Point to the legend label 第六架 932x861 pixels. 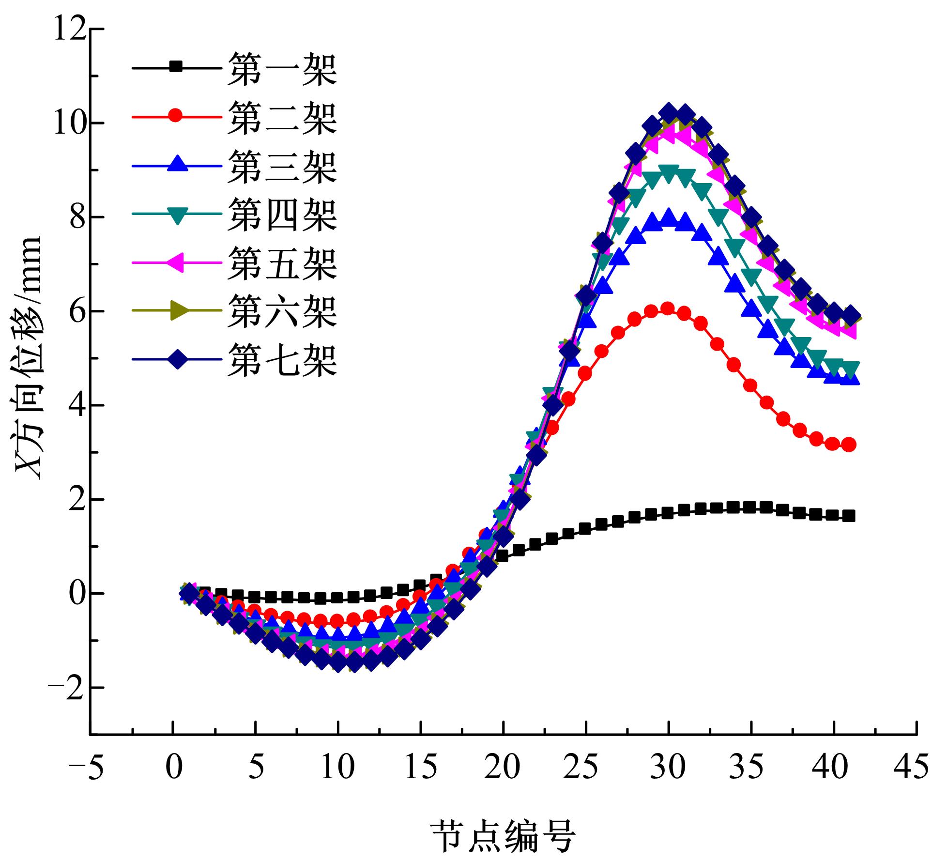[282, 311]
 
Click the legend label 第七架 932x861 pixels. [282, 360]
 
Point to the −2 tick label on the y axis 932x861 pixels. [70, 688]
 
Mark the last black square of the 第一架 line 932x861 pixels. [849, 516]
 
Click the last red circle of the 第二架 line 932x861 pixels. [849, 445]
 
